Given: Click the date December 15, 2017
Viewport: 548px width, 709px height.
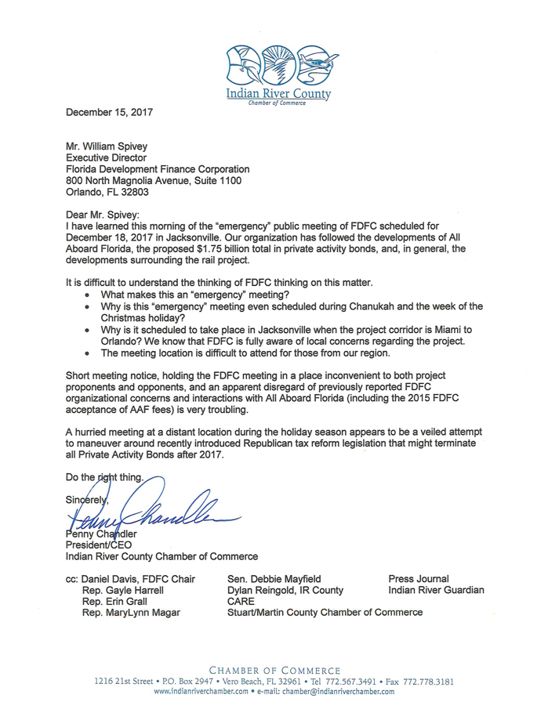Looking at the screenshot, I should [x=109, y=112].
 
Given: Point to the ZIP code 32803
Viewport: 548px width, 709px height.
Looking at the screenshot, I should [x=134, y=192].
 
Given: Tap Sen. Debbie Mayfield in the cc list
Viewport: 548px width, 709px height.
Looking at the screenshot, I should [x=274, y=578].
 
